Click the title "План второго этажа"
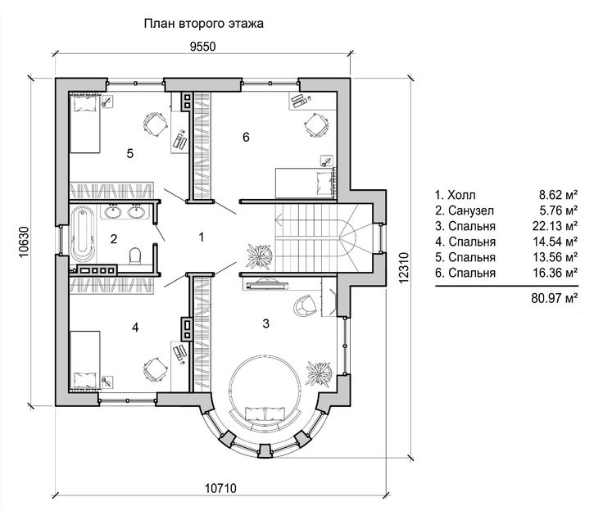pos(203,24)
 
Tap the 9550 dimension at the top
pos(202,47)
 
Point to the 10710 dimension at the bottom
pos(220,489)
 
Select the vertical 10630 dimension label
pos(24,242)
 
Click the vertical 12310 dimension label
pos(403,268)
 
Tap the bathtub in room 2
pos(82,234)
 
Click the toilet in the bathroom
pos(135,255)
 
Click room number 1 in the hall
pos(201,237)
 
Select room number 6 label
pos(246,137)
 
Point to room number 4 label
pos(135,328)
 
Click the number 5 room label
pos(130,154)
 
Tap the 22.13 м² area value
pos(555,226)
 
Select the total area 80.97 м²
pos(555,298)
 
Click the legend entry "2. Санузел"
pos(465,210)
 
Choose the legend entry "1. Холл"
pos(455,195)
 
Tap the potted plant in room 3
pos(319,373)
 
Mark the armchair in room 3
pos(306,305)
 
